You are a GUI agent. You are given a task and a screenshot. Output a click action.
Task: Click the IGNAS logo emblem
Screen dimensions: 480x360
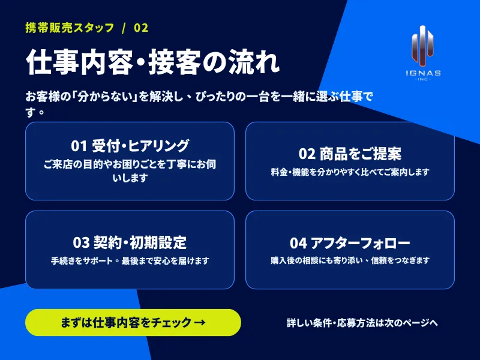pyautogui.click(x=422, y=46)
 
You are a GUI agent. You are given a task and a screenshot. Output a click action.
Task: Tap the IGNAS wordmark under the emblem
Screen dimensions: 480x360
pyautogui.click(x=424, y=73)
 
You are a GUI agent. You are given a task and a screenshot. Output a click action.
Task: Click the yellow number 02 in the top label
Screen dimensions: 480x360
pyautogui.click(x=141, y=28)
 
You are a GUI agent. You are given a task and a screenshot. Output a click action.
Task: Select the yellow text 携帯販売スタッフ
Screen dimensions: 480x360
pyautogui.click(x=70, y=28)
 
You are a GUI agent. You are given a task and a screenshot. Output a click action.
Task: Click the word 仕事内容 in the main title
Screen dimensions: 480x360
pyautogui.click(x=80, y=62)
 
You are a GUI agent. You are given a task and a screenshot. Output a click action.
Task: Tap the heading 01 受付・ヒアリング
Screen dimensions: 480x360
pyautogui.click(x=130, y=146)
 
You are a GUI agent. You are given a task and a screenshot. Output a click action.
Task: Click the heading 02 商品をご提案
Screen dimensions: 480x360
pyautogui.click(x=350, y=154)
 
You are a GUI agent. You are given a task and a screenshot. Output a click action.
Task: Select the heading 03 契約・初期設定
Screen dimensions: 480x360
pyautogui.click(x=130, y=242)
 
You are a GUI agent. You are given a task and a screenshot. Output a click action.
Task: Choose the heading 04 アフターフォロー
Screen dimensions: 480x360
pyautogui.click(x=350, y=243)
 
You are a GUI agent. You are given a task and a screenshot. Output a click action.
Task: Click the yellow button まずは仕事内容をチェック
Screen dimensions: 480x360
pyautogui.click(x=133, y=322)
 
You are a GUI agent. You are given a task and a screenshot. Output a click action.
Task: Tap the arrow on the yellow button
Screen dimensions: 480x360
pyautogui.click(x=200, y=322)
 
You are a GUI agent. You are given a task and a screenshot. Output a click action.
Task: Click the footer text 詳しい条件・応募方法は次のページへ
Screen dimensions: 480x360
pyautogui.click(x=362, y=323)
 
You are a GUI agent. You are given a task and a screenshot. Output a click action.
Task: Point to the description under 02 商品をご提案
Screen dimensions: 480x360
pyautogui.click(x=350, y=172)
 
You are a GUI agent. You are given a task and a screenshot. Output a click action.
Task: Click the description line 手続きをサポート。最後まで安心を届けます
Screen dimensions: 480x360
pyautogui.click(x=130, y=261)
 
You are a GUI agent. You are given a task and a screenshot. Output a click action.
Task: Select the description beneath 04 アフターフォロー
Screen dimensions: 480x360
pyautogui.click(x=350, y=260)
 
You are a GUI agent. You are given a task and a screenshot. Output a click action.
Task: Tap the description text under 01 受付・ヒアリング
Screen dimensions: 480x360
pyautogui.click(x=130, y=171)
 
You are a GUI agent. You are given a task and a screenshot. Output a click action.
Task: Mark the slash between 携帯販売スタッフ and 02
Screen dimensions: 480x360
pyautogui.click(x=124, y=28)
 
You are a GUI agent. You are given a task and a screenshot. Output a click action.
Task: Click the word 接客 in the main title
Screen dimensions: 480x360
pyautogui.click(x=174, y=62)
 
